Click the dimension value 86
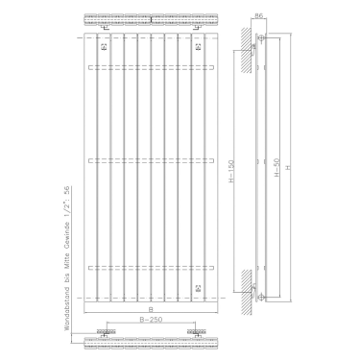tap(260, 14)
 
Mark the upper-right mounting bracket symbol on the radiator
tap(196, 46)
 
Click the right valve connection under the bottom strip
tap(196, 334)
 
